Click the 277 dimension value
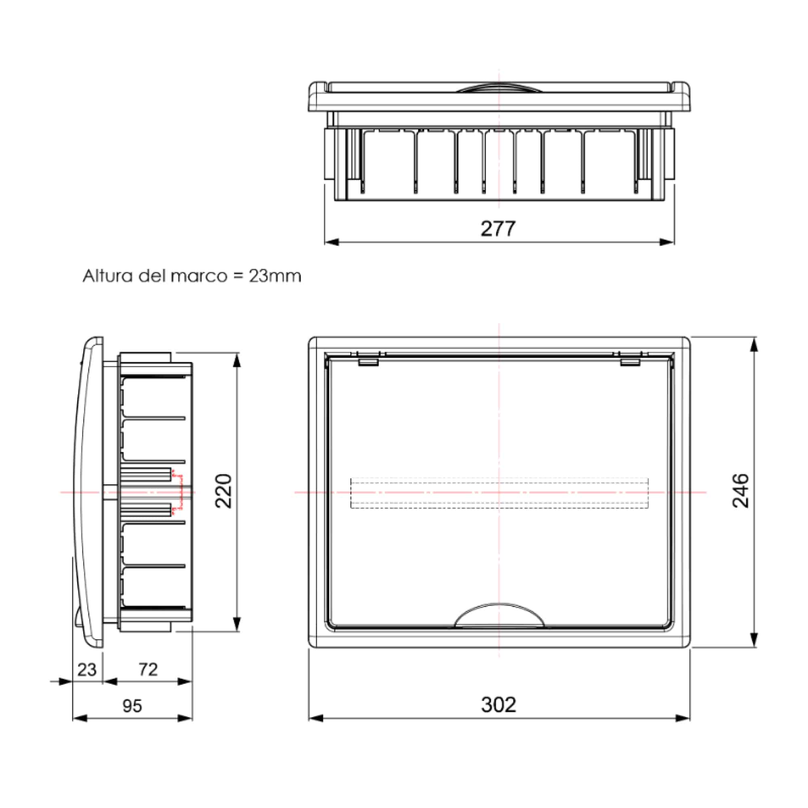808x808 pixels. pos(498,229)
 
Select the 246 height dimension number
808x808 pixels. pos(741,490)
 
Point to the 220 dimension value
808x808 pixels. pos(223,491)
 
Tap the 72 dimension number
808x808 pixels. pos(148,669)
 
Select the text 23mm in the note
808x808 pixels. pos(275,276)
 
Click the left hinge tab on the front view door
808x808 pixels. pos(368,362)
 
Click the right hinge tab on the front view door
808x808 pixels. pos(630,362)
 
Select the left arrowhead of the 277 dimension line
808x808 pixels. pos(331,242)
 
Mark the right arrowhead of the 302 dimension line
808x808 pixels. pos(683,718)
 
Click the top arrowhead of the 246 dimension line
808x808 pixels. pos(753,345)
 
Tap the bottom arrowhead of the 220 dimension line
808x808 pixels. pos(237,623)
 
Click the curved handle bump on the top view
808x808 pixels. pos(499,87)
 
